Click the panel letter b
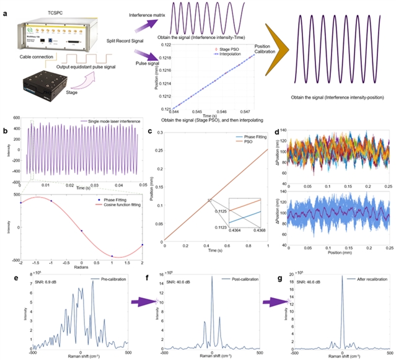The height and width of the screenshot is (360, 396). [x=6, y=130]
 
